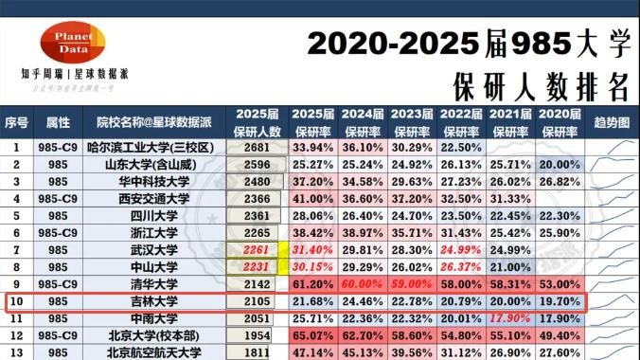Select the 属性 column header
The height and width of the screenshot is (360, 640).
pyautogui.click(x=58, y=123)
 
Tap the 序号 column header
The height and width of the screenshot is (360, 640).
pyautogui.click(x=16, y=123)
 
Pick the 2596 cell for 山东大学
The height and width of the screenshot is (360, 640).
pyautogui.click(x=257, y=165)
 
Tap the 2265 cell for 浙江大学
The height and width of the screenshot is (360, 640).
pyautogui.click(x=257, y=233)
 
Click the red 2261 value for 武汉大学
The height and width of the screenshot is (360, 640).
pyautogui.click(x=257, y=250)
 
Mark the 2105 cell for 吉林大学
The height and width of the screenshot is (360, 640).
pyautogui.click(x=257, y=301)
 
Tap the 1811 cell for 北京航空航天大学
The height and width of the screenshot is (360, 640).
pyautogui.click(x=257, y=352)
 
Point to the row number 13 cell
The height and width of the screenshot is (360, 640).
pyautogui.click(x=16, y=352)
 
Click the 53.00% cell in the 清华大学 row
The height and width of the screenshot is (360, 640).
pyautogui.click(x=560, y=284)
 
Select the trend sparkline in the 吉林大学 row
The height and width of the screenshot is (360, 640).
pyautogui.click(x=612, y=301)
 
